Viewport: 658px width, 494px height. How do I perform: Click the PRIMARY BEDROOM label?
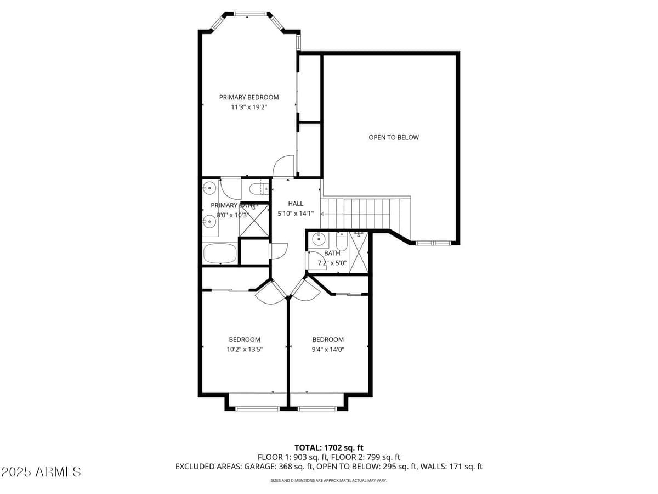tap(249, 97)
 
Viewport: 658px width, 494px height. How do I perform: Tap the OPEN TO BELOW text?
tap(393, 137)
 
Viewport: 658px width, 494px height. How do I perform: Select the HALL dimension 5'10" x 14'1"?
tap(296, 214)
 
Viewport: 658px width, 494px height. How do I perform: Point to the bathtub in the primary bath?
tap(219, 254)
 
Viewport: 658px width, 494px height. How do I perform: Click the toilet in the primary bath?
tap(258, 189)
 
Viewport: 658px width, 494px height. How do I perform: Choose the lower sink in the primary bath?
tap(209, 222)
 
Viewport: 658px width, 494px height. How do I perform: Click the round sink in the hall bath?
tap(317, 239)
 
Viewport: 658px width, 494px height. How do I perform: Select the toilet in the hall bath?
tap(341, 242)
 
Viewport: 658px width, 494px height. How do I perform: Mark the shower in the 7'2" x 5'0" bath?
tap(359, 251)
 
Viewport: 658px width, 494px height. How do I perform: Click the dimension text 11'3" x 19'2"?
tap(249, 108)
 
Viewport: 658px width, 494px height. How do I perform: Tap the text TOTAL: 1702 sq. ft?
tap(329, 448)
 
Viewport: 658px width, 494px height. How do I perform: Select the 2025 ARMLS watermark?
tap(42, 471)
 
